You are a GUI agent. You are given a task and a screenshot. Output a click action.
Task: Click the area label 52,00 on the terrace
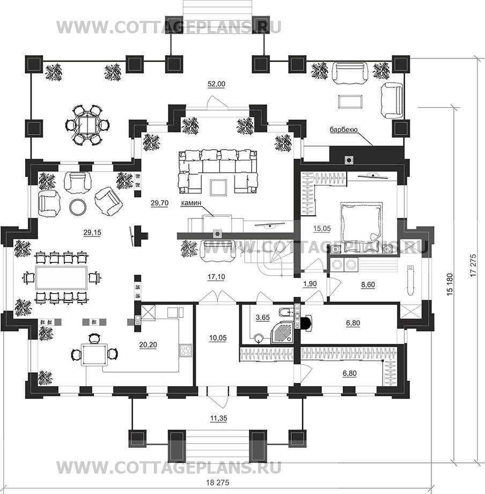click(x=217, y=84)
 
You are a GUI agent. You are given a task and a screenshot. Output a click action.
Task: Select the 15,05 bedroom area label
click(x=321, y=228)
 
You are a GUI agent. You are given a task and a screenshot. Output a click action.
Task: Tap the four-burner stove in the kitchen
click(x=186, y=350)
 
